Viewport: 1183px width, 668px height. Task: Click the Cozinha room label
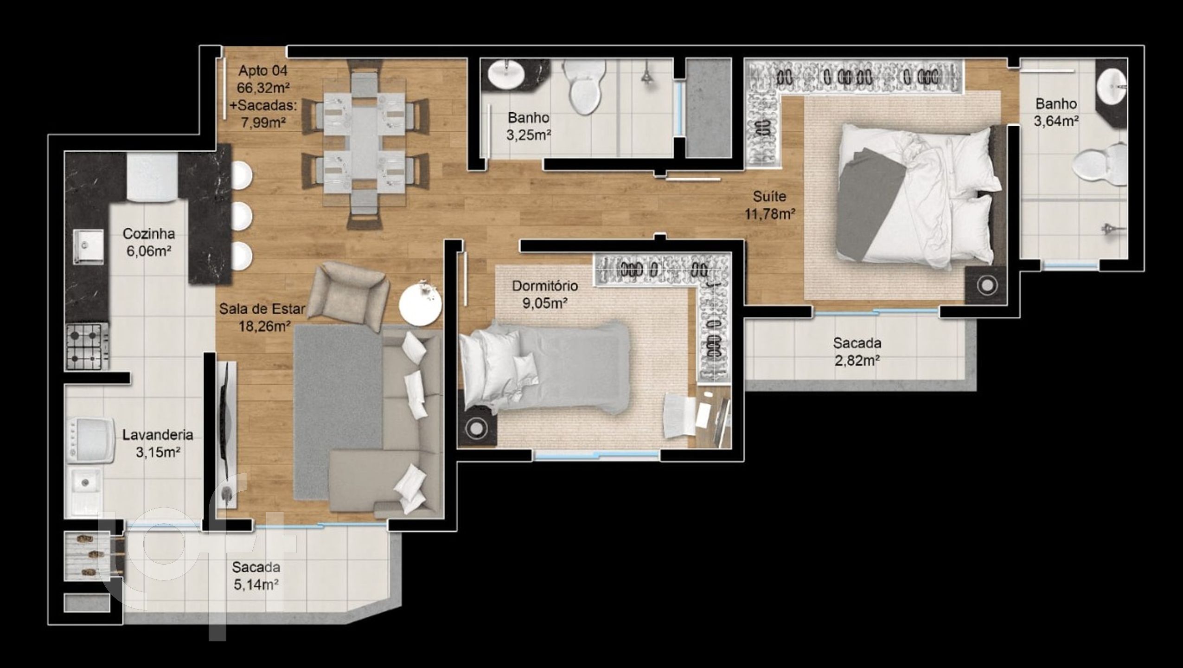148,233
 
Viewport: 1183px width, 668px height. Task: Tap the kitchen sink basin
88,246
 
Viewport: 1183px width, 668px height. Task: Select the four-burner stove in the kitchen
88,346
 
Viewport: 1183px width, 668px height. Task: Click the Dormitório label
544,286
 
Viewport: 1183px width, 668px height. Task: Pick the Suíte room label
769,197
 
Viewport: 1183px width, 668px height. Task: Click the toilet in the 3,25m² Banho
583,87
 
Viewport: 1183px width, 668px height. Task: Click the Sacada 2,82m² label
857,352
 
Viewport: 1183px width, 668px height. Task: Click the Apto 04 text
263,71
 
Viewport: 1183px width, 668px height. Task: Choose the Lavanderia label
158,435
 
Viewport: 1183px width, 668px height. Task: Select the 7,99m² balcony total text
263,122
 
